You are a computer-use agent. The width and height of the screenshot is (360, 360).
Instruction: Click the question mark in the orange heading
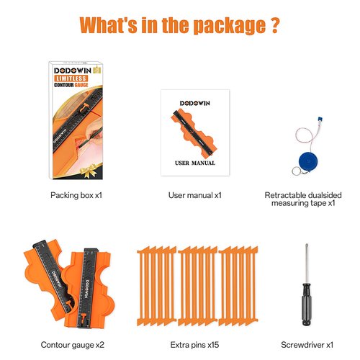coord(273,24)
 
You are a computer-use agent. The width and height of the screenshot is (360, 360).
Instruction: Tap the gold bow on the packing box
coord(89,171)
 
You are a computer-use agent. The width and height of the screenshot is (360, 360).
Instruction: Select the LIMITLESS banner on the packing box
coord(71,78)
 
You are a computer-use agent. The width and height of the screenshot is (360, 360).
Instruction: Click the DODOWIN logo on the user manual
coord(195,103)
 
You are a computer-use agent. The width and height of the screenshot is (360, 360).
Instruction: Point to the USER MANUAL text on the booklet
coord(195,163)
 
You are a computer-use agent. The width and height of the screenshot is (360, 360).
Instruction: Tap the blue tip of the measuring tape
coord(320,120)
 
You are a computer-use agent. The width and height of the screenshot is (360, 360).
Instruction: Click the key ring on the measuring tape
coord(296,171)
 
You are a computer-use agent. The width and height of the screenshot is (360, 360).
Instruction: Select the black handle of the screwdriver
coord(307,305)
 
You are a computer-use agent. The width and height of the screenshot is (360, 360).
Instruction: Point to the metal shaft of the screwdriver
coord(306,264)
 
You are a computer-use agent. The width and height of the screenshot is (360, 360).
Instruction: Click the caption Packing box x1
coord(76,195)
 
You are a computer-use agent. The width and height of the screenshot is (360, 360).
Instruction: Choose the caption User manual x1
coord(195,195)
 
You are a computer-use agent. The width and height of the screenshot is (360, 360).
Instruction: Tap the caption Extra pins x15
coord(194,345)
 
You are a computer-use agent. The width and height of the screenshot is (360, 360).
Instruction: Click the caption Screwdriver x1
coord(307,345)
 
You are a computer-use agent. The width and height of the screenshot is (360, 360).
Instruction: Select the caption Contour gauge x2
coord(73,345)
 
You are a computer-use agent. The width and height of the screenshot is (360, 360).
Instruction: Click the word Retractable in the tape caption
coord(282,195)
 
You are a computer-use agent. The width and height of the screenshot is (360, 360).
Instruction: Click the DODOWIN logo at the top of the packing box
coord(73,71)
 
